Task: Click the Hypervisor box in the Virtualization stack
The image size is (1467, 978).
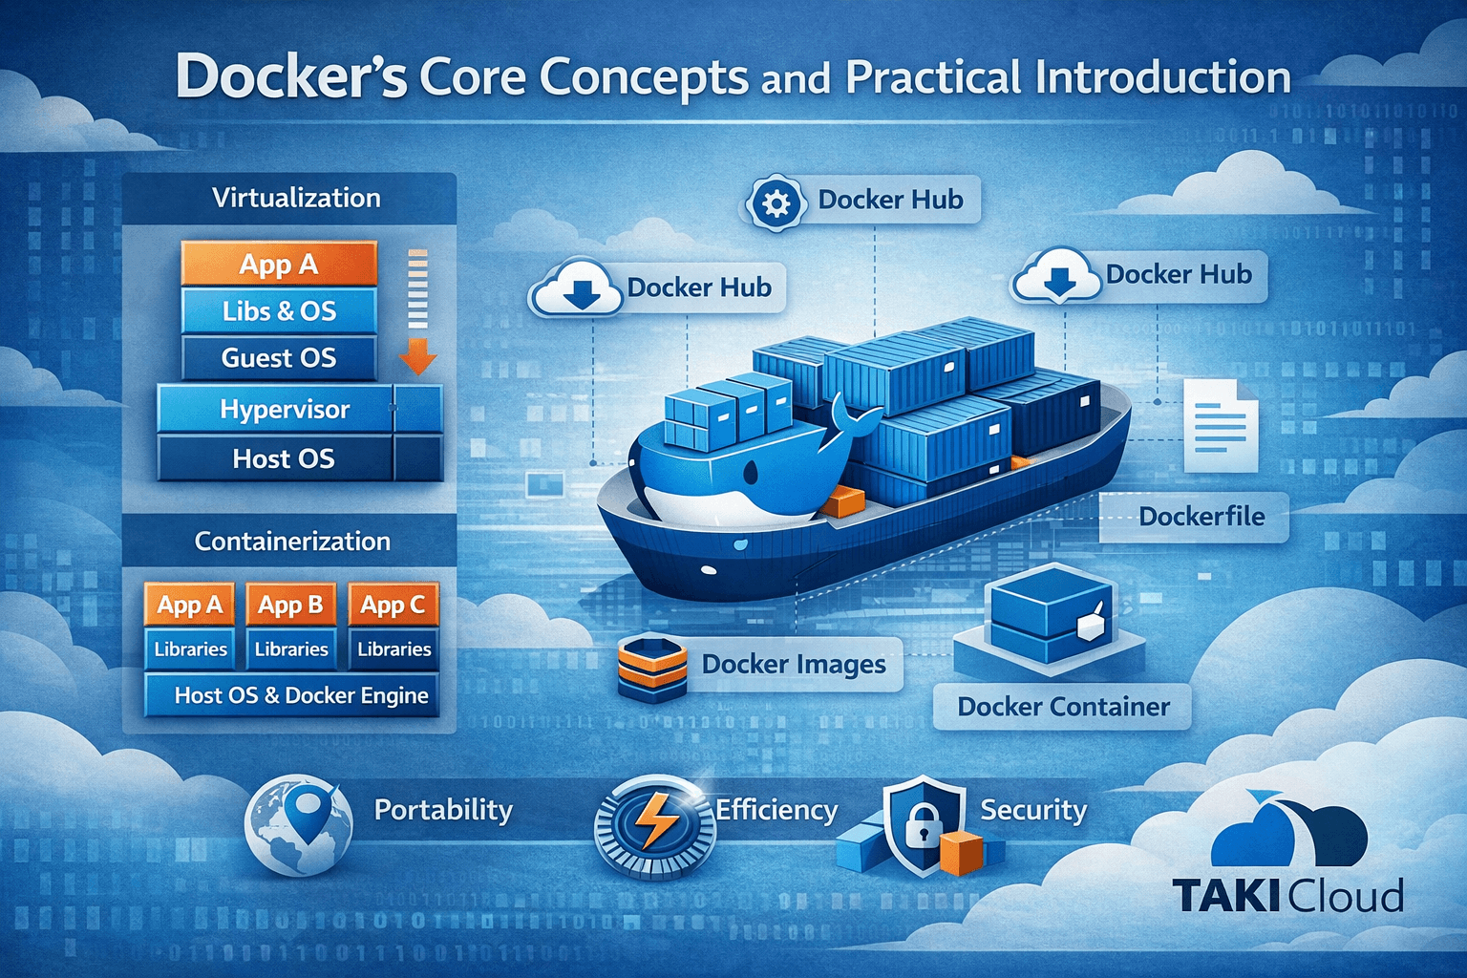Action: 285,409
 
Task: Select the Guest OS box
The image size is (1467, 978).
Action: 279,358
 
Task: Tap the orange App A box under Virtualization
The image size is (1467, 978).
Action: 279,265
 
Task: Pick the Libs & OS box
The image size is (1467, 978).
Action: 279,311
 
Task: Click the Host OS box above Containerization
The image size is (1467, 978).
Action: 284,458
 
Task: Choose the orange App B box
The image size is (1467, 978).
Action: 290,605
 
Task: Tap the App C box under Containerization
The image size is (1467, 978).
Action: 393,605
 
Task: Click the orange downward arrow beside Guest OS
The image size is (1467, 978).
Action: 417,358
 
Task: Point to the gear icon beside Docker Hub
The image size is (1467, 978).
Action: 776,202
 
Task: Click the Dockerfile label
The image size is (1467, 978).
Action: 1201,517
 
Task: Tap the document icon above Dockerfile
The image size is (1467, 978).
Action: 1220,425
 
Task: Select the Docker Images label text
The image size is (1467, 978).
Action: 794,664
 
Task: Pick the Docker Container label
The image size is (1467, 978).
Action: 1063,707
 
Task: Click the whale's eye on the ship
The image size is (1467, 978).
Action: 751,471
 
